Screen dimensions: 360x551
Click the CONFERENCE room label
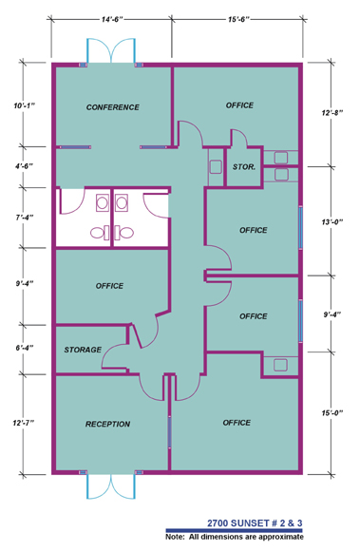(x=113, y=107)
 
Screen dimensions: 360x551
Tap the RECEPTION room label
(x=107, y=424)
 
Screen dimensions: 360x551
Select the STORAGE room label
(x=83, y=350)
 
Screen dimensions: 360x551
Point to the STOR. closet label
(x=244, y=167)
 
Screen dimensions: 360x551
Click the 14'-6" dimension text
(x=112, y=19)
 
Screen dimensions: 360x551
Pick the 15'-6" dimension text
(x=238, y=19)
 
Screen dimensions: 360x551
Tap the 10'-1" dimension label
(x=25, y=105)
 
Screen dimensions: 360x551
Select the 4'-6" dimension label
(x=24, y=166)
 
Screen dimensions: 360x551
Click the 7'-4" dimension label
(x=25, y=218)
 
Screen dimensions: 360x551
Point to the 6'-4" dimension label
(x=25, y=348)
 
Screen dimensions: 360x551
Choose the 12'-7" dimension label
(x=24, y=423)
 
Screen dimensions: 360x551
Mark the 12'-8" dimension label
(x=332, y=112)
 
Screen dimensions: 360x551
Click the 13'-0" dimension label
(x=332, y=221)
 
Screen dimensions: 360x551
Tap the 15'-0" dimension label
(x=332, y=413)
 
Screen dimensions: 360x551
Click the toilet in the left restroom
(x=100, y=233)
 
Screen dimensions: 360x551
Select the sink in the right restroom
(x=122, y=203)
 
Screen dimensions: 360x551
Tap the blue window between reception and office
(x=169, y=431)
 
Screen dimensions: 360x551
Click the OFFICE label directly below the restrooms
(x=109, y=286)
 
